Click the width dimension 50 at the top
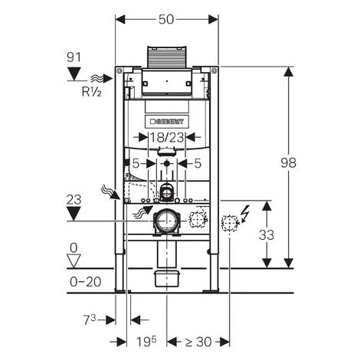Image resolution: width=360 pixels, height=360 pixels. (166, 19)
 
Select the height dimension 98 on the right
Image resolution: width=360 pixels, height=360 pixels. (289, 162)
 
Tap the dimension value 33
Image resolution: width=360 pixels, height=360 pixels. (267, 235)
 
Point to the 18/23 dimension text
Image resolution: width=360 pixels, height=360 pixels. (166, 138)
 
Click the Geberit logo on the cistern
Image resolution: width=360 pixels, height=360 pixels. (167, 122)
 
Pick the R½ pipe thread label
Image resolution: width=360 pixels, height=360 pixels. (91, 92)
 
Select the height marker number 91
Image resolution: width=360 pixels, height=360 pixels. (74, 57)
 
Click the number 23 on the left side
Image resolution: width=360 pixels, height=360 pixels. (74, 200)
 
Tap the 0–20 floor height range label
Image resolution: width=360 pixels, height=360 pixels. (86, 282)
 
